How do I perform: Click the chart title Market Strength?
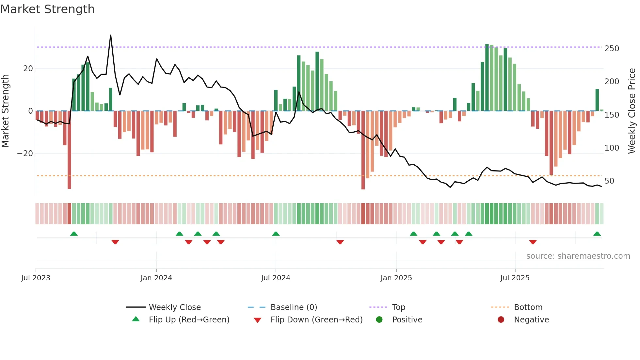tap(47, 9)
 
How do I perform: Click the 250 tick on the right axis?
tap(612, 49)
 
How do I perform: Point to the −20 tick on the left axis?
tap(25, 154)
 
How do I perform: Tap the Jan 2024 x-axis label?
tap(156, 278)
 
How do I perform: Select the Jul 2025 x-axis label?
tap(515, 278)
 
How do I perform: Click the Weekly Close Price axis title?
tap(632, 111)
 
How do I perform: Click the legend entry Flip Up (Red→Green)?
tap(189, 319)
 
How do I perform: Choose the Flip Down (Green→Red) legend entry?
tap(316, 319)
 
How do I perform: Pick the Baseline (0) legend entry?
tap(294, 307)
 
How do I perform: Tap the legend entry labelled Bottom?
tap(528, 307)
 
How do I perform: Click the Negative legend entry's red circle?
tap(501, 319)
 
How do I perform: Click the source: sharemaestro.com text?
tap(578, 256)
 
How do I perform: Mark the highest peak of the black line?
tap(111, 35)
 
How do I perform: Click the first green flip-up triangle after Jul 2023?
tap(74, 234)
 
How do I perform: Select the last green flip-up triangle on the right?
tap(597, 234)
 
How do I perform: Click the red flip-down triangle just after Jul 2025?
tap(533, 242)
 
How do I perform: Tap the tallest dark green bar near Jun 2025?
tap(487, 77)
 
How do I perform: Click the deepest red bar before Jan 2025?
tap(363, 150)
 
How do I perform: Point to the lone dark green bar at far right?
tap(597, 100)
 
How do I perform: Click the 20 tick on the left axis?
tap(28, 69)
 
